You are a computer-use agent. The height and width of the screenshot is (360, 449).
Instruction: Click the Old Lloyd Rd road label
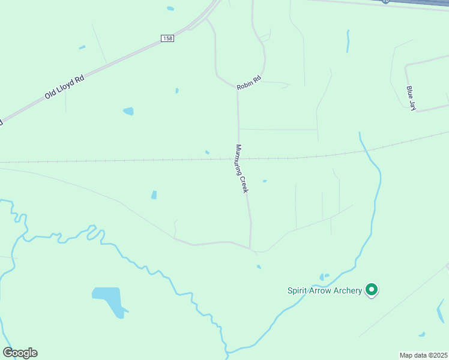tap(63, 88)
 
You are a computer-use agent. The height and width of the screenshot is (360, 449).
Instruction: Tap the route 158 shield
tap(167, 38)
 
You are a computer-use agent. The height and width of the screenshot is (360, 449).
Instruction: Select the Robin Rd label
tap(249, 83)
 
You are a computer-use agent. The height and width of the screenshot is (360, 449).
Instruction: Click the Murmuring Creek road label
tap(242, 169)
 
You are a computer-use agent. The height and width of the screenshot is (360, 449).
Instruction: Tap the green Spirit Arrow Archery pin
tap(372, 290)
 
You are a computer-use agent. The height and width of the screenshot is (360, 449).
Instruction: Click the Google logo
tap(20, 353)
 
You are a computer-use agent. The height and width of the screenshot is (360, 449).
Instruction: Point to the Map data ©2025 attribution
tap(423, 355)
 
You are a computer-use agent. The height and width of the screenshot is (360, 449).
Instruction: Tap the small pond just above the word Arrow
tap(324, 277)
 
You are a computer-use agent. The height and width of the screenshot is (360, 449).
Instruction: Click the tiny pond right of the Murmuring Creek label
tap(264, 181)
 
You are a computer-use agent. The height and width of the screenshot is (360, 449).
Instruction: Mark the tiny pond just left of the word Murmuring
tap(207, 152)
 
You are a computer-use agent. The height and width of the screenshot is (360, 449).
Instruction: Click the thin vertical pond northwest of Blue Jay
tap(348, 40)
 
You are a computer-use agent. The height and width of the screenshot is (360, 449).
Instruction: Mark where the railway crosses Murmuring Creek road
tap(239, 159)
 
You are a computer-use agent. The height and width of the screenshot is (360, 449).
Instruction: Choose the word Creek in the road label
tap(244, 183)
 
